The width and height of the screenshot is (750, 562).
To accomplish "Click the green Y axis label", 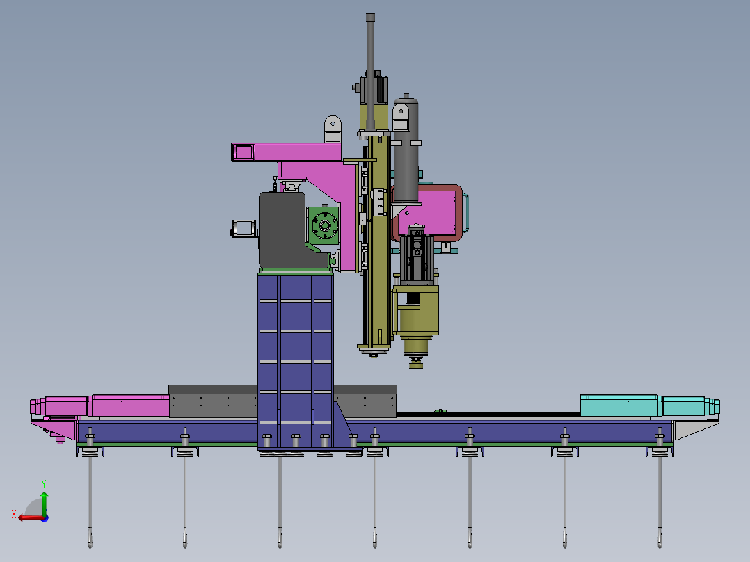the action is [x=44, y=484].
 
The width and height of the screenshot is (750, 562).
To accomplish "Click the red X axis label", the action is [x=14, y=514].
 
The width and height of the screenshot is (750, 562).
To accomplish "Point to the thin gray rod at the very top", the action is [x=370, y=72].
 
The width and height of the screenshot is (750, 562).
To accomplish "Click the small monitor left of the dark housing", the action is [x=244, y=227].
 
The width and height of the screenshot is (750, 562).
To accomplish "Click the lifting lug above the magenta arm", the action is [x=333, y=128].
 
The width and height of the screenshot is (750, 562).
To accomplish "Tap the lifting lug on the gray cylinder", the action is [x=401, y=117].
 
